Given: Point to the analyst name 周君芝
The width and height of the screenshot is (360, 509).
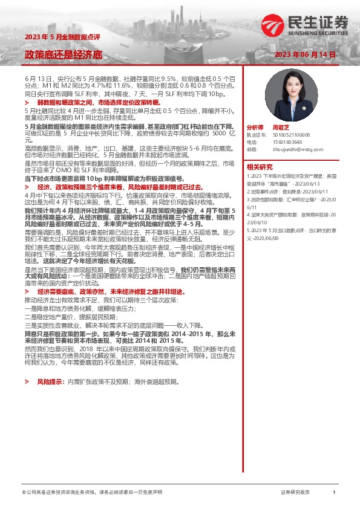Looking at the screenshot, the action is pyautogui.click(x=281, y=128).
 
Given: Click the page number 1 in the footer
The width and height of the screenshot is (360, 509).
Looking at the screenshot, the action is pyautogui.click(x=334, y=493).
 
